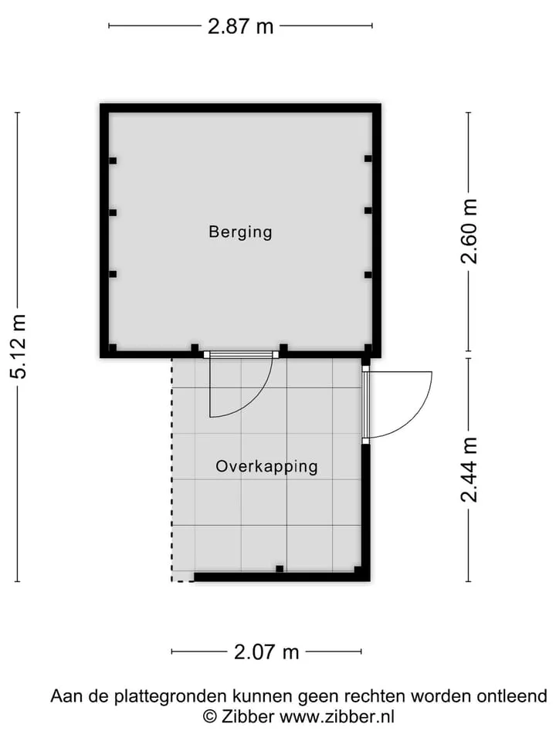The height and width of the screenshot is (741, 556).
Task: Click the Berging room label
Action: click(x=240, y=232)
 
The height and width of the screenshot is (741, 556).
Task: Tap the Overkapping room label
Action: click(x=266, y=466)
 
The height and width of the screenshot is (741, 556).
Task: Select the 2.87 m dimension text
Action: click(x=241, y=26)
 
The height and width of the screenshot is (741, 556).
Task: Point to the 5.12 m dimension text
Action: click(x=19, y=347)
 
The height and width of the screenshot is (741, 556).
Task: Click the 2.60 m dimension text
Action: click(x=470, y=231)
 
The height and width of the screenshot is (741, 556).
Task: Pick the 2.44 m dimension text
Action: click(x=470, y=470)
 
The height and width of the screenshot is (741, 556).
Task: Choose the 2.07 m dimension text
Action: click(x=266, y=652)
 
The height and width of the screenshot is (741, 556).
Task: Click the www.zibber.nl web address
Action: click(x=337, y=717)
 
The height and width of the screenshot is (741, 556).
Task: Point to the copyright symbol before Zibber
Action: click(x=210, y=717)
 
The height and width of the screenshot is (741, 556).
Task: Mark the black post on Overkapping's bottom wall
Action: click(x=280, y=569)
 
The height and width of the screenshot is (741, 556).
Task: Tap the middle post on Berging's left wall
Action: click(x=113, y=213)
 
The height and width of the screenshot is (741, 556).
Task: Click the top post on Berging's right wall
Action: click(x=368, y=159)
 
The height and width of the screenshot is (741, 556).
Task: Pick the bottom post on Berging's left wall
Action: click(x=113, y=274)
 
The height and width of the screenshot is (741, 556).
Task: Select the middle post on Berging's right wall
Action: click(x=368, y=211)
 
